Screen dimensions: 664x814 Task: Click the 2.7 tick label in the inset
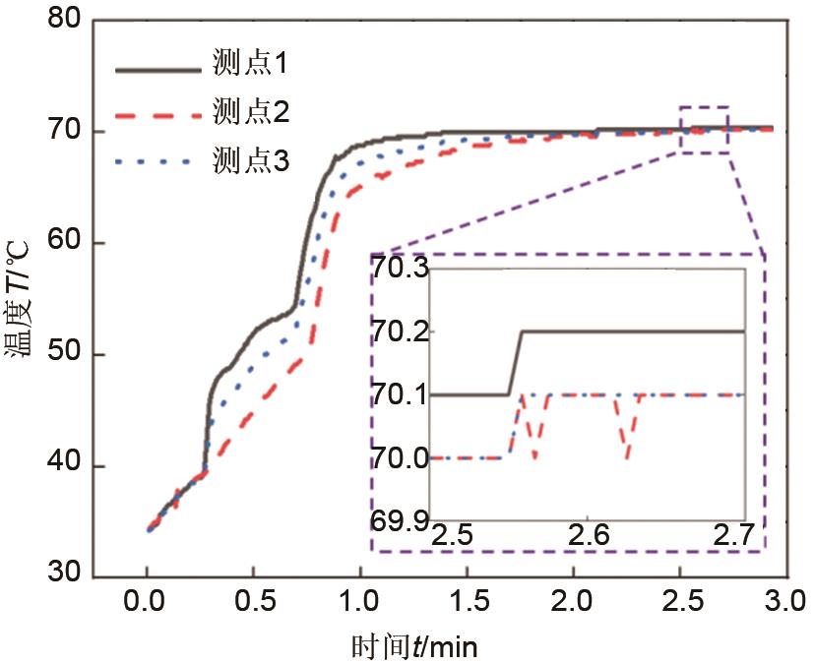pos(734,537)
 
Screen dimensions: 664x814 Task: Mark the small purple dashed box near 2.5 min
pos(704,129)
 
